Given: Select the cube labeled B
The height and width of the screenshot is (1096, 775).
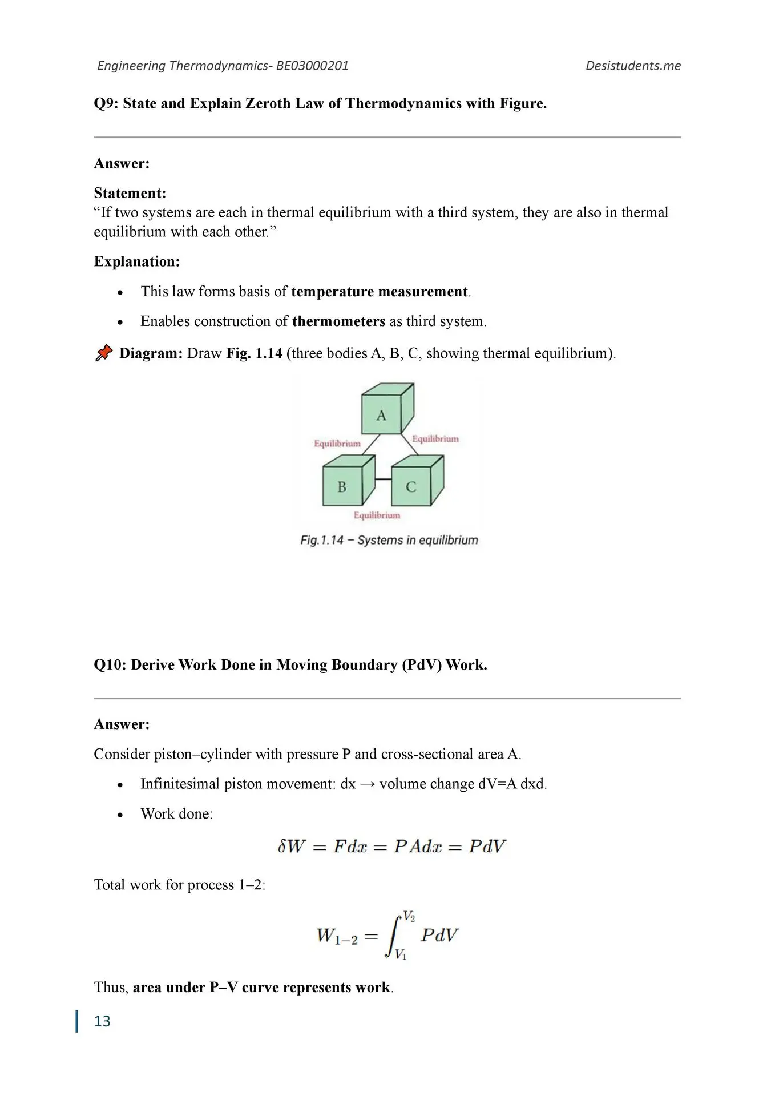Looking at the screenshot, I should [x=342, y=485].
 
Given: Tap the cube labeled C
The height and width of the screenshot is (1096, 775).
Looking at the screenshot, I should [x=411, y=485].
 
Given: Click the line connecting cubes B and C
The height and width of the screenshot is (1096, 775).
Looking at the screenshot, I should [x=384, y=479].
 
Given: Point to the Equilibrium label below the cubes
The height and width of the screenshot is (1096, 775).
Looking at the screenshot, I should [x=377, y=515].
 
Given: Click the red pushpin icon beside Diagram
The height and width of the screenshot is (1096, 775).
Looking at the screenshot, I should [x=103, y=353].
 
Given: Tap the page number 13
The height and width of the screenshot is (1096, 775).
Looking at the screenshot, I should [x=102, y=1021].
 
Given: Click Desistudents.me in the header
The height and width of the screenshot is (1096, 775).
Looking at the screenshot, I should [x=633, y=66].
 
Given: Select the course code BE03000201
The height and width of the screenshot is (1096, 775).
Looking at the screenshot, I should [x=312, y=66].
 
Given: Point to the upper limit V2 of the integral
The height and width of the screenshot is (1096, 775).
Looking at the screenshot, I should [x=409, y=916].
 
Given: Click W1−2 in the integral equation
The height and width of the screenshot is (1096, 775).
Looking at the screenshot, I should [x=337, y=936].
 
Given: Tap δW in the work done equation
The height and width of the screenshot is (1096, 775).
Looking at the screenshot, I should [x=290, y=846].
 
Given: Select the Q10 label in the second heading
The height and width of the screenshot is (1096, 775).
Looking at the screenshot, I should [x=110, y=664].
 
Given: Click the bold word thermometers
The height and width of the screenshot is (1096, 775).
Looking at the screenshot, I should [x=338, y=321].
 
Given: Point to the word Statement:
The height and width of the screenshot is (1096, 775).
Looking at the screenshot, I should [x=130, y=193].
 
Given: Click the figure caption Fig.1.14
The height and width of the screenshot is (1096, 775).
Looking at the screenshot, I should [x=322, y=540].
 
